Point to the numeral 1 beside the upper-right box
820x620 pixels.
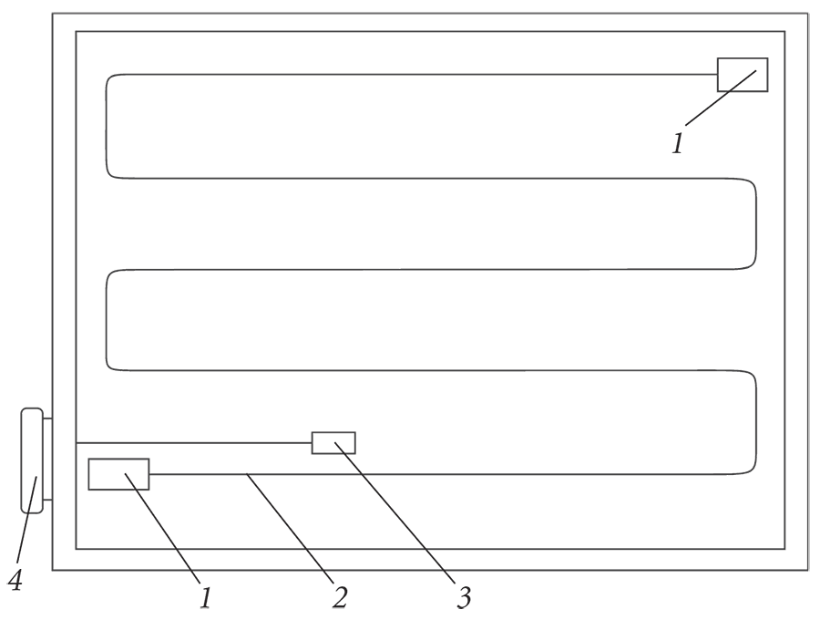tap(678, 143)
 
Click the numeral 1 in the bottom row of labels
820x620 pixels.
tap(206, 597)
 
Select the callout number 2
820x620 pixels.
tap(340, 597)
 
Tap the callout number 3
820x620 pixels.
tap(464, 597)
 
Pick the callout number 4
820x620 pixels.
tap(15, 580)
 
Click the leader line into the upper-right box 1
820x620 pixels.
tap(721, 98)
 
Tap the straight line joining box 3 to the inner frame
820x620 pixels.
tap(194, 442)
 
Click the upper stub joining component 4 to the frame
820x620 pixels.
tap(47, 419)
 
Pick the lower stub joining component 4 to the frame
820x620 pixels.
tap(47, 500)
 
